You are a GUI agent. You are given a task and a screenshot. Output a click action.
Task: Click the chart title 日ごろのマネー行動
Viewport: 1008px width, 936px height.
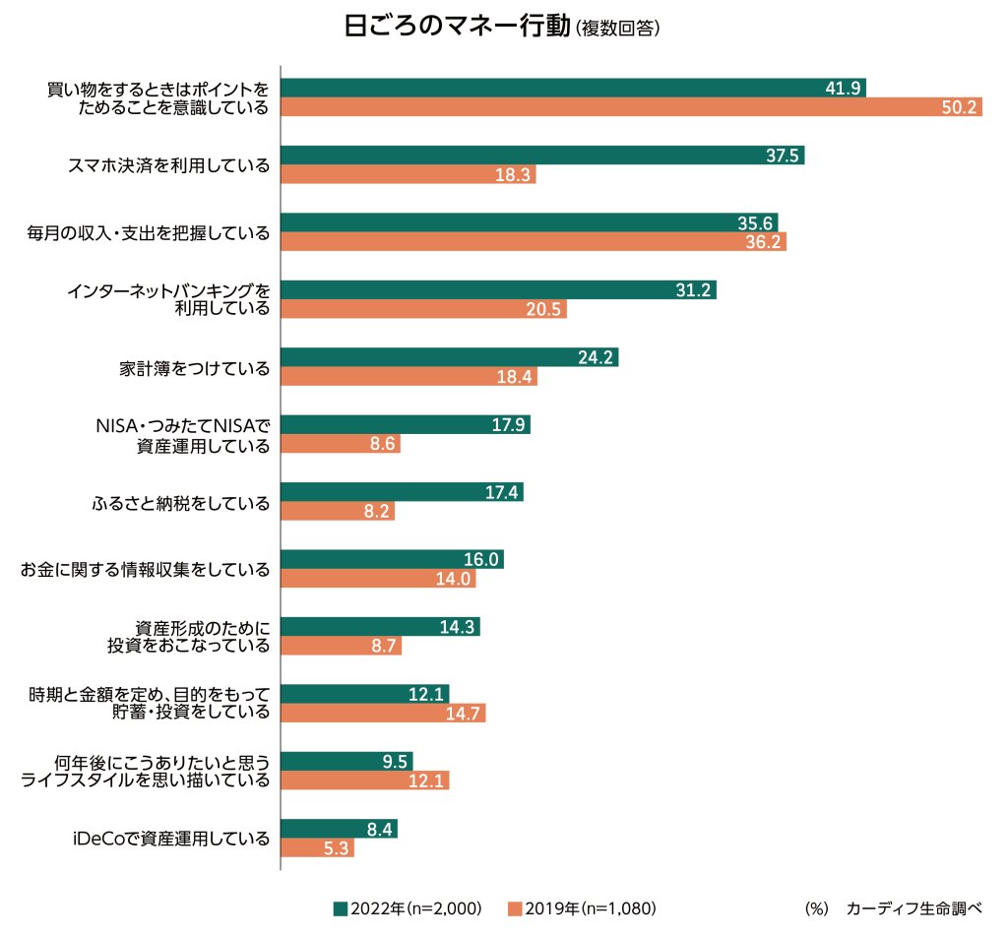click(456, 27)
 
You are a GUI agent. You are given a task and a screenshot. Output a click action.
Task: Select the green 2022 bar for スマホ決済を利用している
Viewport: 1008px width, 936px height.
click(541, 155)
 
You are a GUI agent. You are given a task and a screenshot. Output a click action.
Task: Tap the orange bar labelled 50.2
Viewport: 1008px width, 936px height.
click(630, 107)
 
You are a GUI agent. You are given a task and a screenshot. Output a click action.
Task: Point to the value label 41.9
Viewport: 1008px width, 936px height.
click(844, 88)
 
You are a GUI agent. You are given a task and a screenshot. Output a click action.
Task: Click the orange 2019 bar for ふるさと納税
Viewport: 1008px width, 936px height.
click(338, 512)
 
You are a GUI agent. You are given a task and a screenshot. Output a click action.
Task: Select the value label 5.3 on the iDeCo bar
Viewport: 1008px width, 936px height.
click(336, 848)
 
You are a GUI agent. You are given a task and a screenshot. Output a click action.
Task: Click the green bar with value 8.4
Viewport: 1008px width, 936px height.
click(339, 829)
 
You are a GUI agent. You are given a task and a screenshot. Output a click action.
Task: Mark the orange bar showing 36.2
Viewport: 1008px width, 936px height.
click(533, 242)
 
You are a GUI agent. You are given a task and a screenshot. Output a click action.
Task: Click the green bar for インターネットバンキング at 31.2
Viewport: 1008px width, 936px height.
click(498, 289)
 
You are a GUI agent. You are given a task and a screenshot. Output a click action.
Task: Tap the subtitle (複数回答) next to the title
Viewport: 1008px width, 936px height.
click(616, 30)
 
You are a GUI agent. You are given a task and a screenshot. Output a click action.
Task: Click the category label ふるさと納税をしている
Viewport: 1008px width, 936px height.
click(179, 503)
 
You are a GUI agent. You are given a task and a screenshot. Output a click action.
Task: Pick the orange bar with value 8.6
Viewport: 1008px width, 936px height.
click(341, 444)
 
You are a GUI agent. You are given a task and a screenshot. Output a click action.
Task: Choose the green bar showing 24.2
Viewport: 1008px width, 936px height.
click(449, 357)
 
